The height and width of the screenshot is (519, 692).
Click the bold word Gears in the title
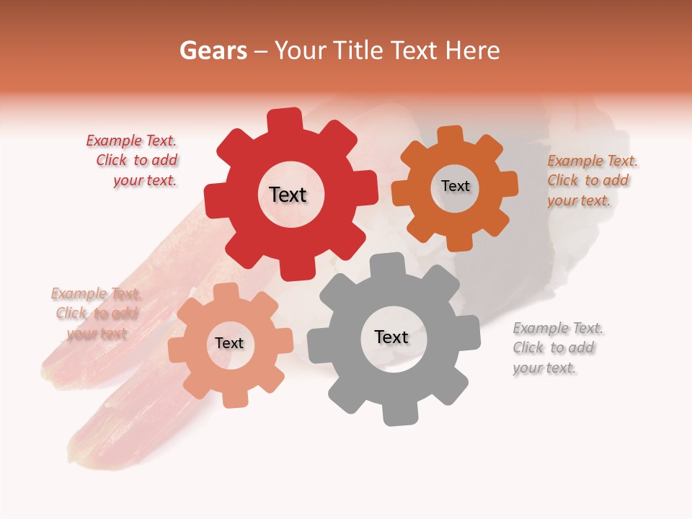pyautogui.click(x=213, y=50)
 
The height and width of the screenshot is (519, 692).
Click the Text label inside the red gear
pyautogui.click(x=288, y=195)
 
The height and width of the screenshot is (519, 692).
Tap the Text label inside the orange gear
pyautogui.click(x=455, y=186)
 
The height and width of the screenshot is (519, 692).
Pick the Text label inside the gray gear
pyautogui.click(x=391, y=337)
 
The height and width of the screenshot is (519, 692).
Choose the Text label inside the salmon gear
pyautogui.click(x=229, y=343)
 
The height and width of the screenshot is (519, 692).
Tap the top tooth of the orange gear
pyautogui.click(x=451, y=136)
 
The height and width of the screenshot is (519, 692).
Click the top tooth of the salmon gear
pyautogui.click(x=226, y=293)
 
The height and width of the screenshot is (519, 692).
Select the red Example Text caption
pyautogui.click(x=133, y=161)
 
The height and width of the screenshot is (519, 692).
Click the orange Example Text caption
pyautogui.click(x=591, y=181)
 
